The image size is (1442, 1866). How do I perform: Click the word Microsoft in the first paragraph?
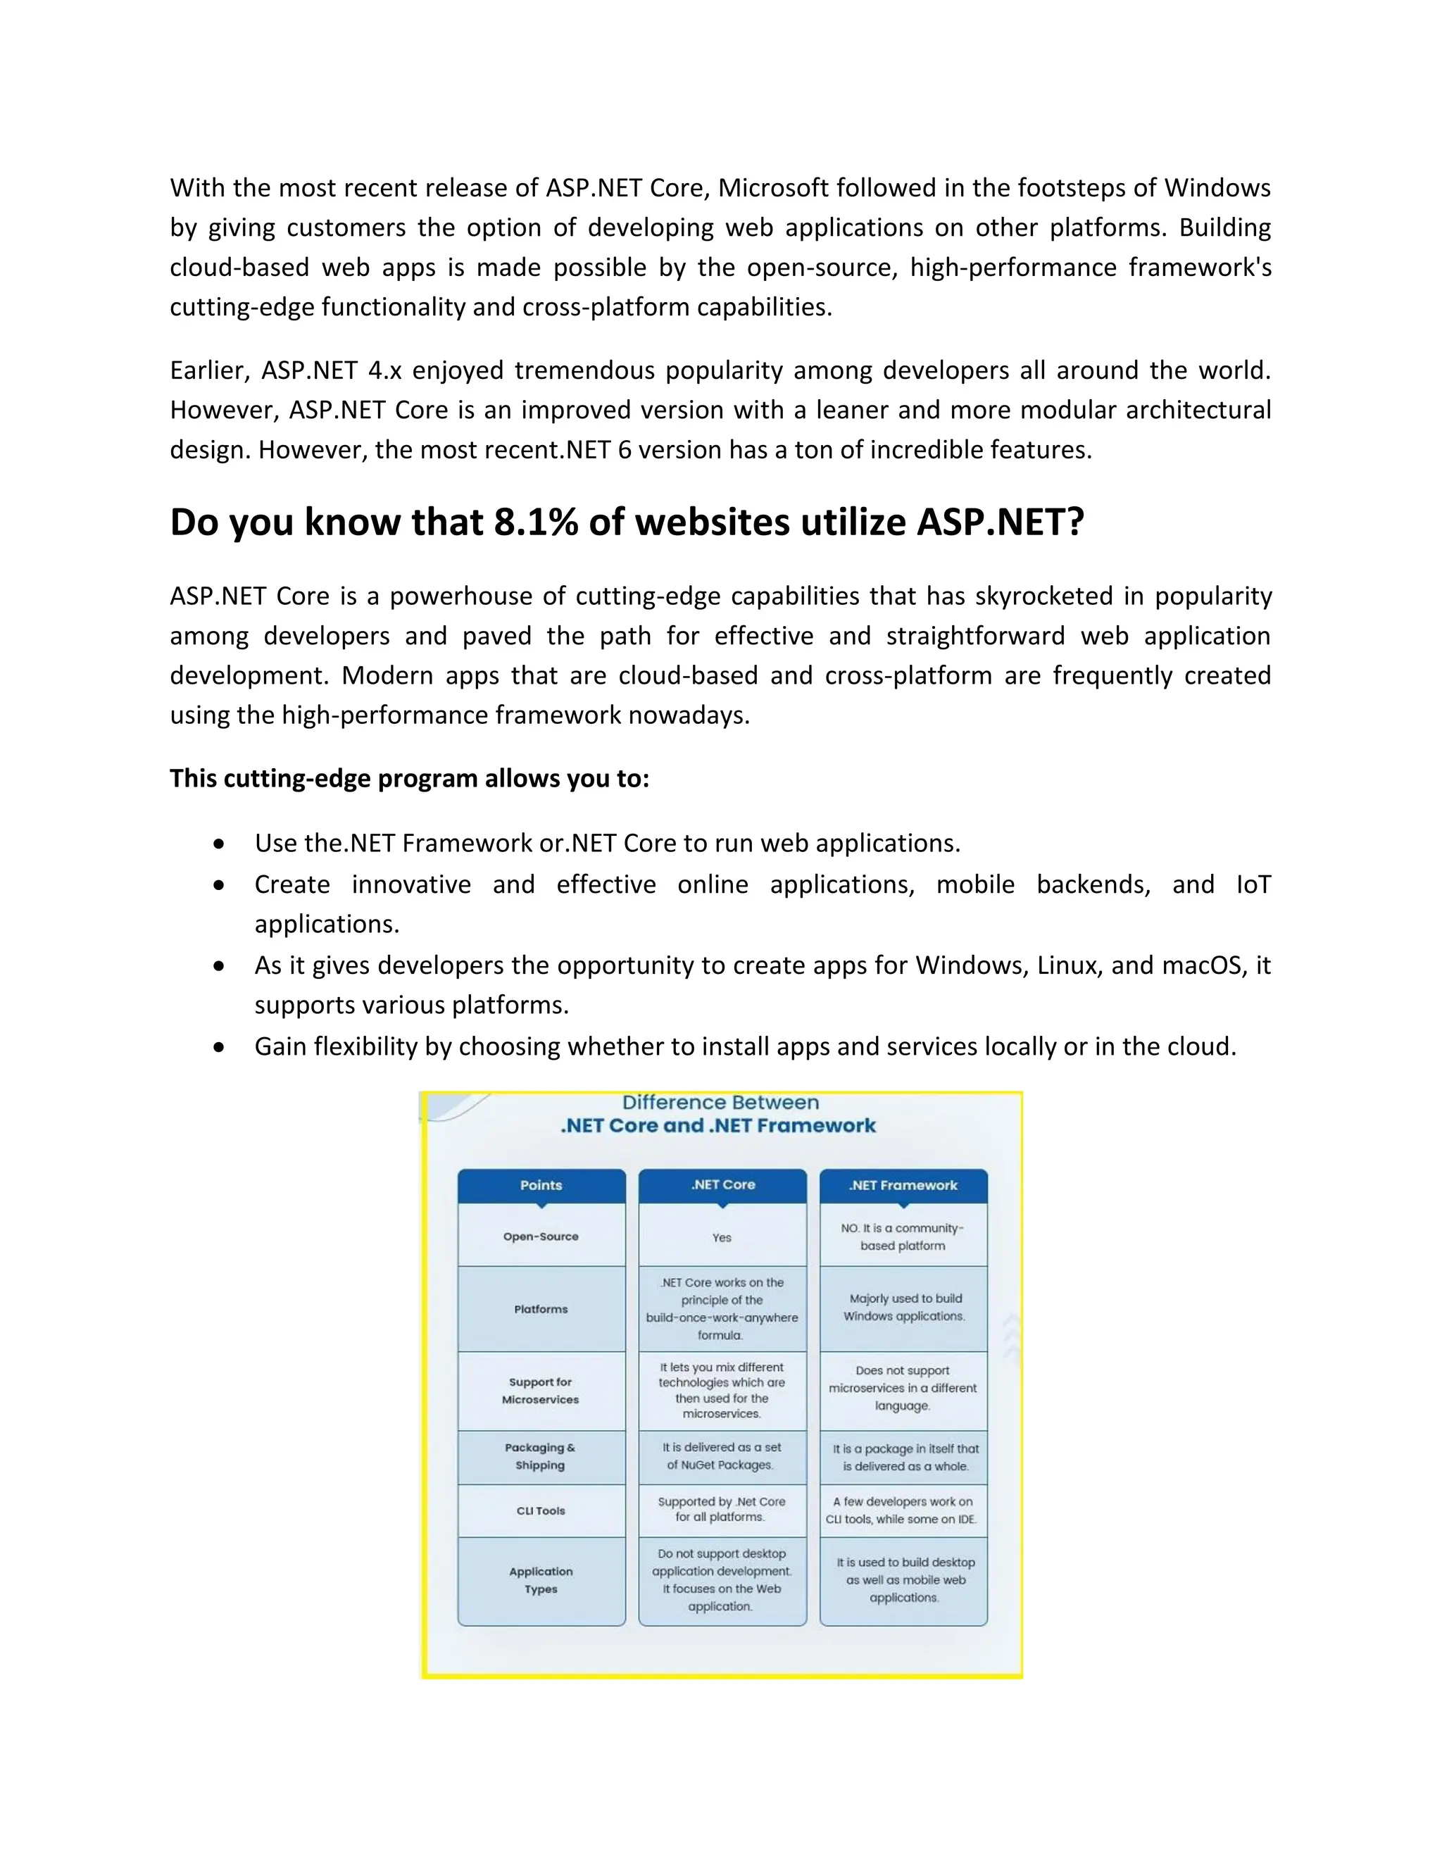pyautogui.click(x=773, y=188)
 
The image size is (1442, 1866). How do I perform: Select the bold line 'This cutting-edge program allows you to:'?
pyautogui.click(x=409, y=778)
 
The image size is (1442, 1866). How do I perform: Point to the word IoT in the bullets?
pyautogui.click(x=1253, y=884)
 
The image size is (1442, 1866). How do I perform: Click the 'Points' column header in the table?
pyautogui.click(x=541, y=1185)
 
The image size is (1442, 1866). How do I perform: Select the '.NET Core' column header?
pyautogui.click(x=722, y=1184)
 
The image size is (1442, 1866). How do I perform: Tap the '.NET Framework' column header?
pyautogui.click(x=903, y=1185)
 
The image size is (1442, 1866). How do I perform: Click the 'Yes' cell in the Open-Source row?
pyautogui.click(x=722, y=1237)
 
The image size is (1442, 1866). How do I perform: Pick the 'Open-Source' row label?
pyautogui.click(x=541, y=1236)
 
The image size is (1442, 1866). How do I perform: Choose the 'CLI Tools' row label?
pyautogui.click(x=541, y=1510)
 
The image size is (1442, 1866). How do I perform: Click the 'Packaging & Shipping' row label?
pyautogui.click(x=540, y=1456)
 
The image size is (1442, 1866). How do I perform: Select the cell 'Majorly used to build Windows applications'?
pyautogui.click(x=905, y=1307)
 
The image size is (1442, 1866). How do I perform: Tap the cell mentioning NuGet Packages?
pyautogui.click(x=722, y=1456)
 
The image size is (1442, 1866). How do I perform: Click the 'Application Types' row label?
pyautogui.click(x=541, y=1580)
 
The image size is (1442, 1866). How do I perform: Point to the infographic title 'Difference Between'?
pyautogui.click(x=720, y=1103)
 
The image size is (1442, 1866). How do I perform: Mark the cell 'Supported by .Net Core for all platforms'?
pyautogui.click(x=722, y=1509)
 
